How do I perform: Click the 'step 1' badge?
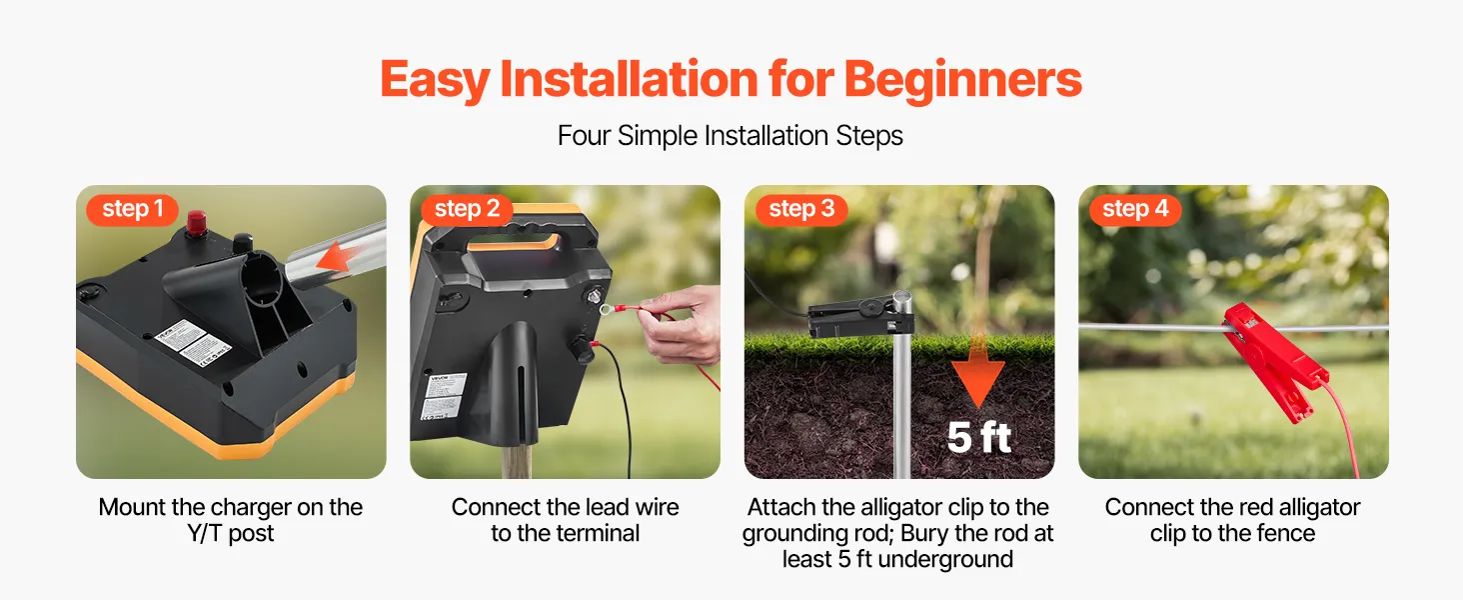[133, 210]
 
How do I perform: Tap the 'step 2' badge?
[467, 210]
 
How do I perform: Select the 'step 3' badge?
[801, 210]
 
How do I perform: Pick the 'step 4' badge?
[1135, 210]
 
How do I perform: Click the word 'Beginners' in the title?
[962, 80]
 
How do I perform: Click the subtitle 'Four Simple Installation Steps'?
[731, 136]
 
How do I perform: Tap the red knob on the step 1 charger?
[196, 223]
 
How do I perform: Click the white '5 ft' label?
[978, 437]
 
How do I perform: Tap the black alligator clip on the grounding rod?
[860, 316]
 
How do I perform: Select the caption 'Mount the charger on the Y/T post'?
[231, 520]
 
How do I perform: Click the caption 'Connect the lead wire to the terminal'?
[565, 520]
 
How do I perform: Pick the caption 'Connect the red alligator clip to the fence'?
[1232, 520]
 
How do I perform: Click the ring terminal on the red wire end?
[608, 308]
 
